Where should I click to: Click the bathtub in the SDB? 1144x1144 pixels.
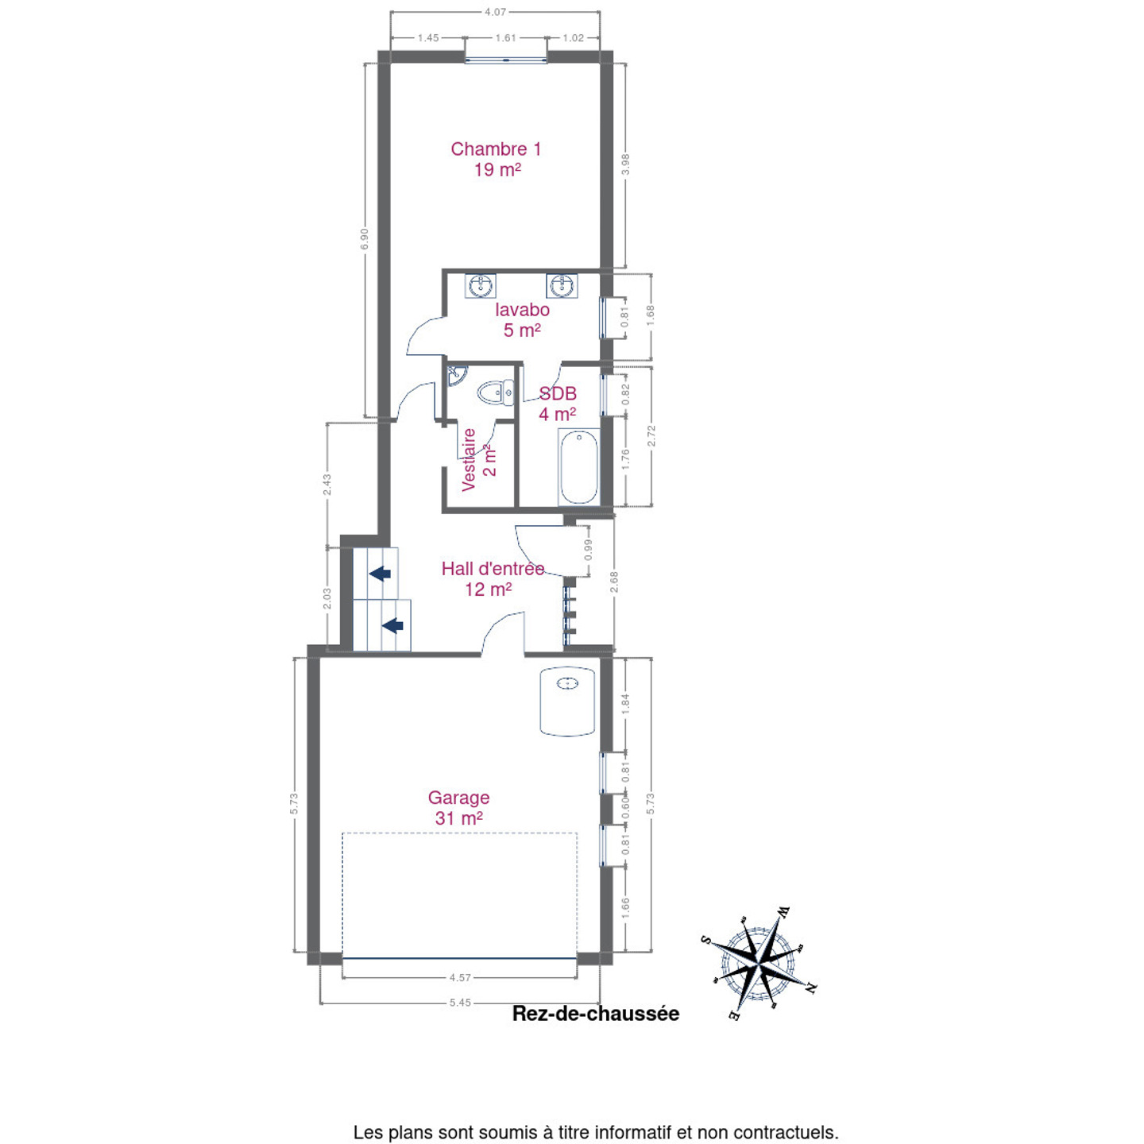(578, 467)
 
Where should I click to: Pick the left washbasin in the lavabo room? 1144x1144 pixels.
(480, 286)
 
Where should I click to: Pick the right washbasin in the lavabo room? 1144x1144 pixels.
(562, 286)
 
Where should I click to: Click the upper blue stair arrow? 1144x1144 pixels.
(380, 574)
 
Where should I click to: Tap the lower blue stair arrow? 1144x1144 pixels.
(393, 625)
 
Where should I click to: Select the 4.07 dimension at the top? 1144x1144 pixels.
(495, 12)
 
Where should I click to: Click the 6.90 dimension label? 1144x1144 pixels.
(365, 239)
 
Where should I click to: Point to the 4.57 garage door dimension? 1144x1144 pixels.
(460, 977)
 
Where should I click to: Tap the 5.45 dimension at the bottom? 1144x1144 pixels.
(460, 1003)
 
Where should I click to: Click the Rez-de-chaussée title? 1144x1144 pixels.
(596, 1014)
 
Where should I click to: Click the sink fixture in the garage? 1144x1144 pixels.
(567, 702)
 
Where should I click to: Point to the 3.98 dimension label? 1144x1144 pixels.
(625, 164)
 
